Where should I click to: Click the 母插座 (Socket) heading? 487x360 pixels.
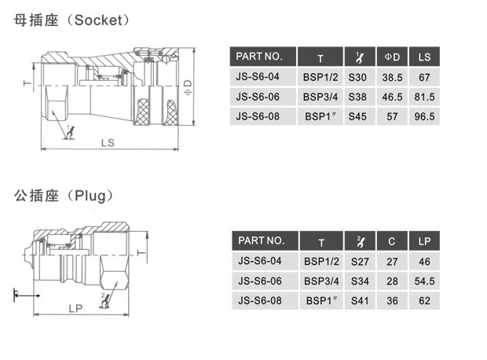click(x=72, y=20)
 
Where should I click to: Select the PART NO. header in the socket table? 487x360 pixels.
click(x=259, y=56)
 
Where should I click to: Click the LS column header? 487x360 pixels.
click(x=424, y=57)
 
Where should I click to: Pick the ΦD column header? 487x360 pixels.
click(x=392, y=57)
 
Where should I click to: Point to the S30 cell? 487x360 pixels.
click(x=357, y=77)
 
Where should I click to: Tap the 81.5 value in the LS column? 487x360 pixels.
click(x=424, y=97)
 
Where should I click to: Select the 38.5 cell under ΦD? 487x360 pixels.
click(x=392, y=77)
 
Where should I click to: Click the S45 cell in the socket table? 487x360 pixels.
click(x=357, y=116)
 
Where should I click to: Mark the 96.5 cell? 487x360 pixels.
click(x=424, y=116)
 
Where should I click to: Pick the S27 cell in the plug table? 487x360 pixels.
click(x=359, y=260)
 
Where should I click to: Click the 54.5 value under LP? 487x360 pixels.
click(x=424, y=281)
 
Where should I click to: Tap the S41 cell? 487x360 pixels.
click(x=359, y=300)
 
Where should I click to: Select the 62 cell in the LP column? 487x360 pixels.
click(x=424, y=300)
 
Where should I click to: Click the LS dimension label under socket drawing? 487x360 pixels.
click(x=108, y=142)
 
